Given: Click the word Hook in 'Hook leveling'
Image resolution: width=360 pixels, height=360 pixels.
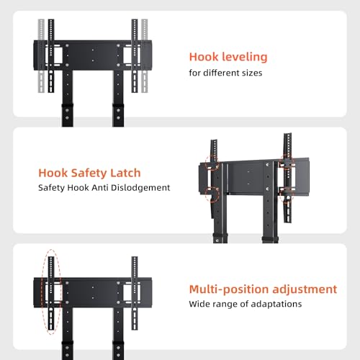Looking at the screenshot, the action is pyautogui.click(x=204, y=57).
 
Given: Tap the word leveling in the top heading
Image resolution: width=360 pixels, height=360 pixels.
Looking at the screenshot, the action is pyautogui.click(x=245, y=58).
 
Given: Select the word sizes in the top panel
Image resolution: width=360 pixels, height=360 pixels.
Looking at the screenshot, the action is pyautogui.click(x=252, y=73).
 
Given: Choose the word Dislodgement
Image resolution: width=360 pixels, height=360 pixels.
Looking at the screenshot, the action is pyautogui.click(x=140, y=188).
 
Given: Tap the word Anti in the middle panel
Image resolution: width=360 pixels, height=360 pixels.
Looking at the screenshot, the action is pyautogui.click(x=100, y=187).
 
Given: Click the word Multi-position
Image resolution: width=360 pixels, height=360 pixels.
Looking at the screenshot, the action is pyautogui.click(x=230, y=289).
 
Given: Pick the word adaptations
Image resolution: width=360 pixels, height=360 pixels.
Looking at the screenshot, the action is pyautogui.click(x=276, y=305).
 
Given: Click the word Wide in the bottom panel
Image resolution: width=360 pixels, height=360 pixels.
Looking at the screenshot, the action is pyautogui.click(x=198, y=304).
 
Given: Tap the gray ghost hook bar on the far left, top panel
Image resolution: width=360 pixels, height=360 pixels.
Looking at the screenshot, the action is pyautogui.click(x=41, y=55).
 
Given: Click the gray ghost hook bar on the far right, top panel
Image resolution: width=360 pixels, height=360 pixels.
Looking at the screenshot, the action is pyautogui.click(x=144, y=55).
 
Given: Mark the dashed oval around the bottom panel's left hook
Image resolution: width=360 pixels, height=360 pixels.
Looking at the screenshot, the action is pyautogui.click(x=42, y=292).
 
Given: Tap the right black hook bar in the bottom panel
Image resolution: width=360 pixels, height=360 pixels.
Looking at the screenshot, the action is pyautogui.click(x=135, y=293).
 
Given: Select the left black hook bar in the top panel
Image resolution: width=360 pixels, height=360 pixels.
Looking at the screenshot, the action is pyautogui.click(x=51, y=55).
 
